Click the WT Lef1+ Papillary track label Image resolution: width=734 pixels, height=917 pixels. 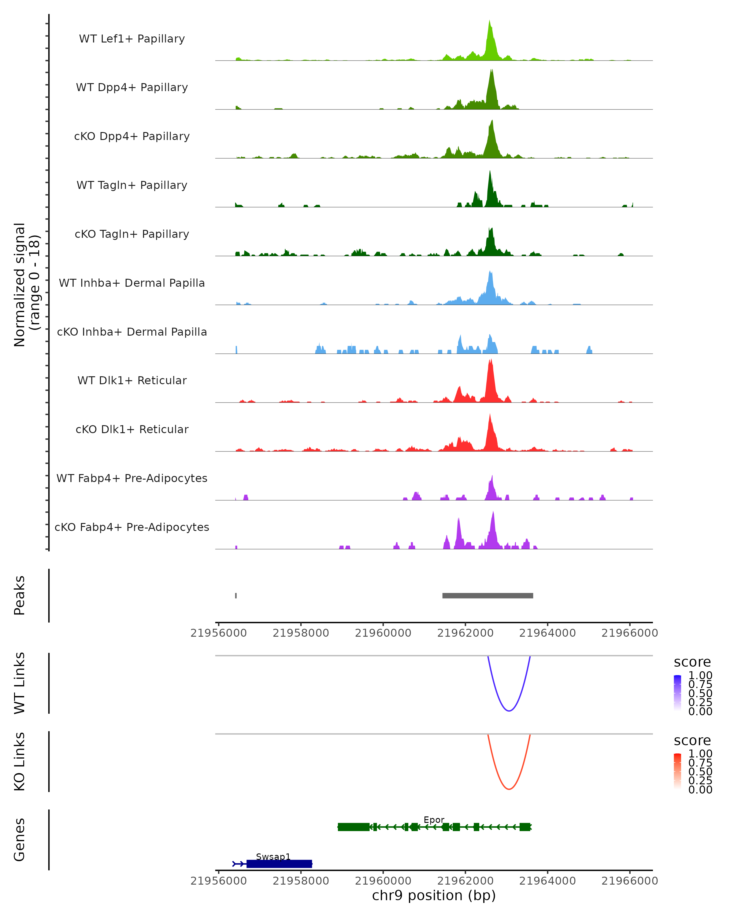coord(132,39)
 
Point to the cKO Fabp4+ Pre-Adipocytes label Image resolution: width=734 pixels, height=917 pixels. coord(132,527)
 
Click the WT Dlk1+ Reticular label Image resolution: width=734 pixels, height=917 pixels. coord(132,380)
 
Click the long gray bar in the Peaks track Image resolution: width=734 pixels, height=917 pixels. coord(487,595)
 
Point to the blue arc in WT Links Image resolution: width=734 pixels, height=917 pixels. coord(509,711)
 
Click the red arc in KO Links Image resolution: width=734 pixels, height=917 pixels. coord(509,789)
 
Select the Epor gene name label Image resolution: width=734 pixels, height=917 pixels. coord(434,819)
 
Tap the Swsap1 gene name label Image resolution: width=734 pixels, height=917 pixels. coord(273,856)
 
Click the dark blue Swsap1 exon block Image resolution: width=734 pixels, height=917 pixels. coord(279,864)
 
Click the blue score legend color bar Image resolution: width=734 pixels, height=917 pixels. coord(677,693)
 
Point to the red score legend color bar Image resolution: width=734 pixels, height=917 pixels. coord(677,771)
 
